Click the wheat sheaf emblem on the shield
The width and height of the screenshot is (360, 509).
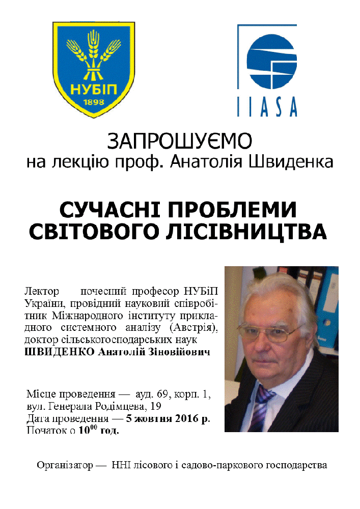pyautogui.click(x=93, y=57)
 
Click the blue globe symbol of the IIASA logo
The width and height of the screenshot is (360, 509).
pyautogui.click(x=271, y=57)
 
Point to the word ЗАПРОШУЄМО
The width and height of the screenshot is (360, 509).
pyautogui.click(x=180, y=141)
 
